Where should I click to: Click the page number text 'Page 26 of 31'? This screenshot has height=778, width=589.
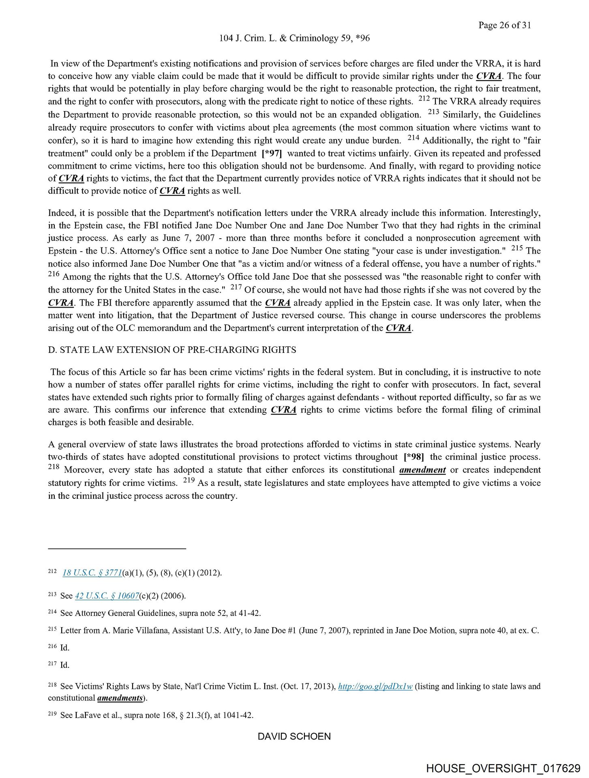(x=504, y=25)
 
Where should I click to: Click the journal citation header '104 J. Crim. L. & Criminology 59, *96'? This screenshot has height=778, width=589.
(x=294, y=38)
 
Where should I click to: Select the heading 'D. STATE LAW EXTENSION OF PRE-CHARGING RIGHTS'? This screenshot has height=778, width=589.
(x=172, y=350)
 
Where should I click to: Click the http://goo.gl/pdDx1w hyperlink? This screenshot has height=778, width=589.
(x=375, y=686)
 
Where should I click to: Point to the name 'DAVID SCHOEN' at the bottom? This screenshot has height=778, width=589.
(x=294, y=736)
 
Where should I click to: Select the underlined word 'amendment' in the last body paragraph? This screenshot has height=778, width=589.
(x=422, y=470)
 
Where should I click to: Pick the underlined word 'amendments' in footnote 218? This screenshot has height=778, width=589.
(x=120, y=698)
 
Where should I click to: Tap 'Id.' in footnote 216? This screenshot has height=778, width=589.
(x=65, y=648)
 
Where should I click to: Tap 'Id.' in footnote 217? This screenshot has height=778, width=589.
(x=65, y=665)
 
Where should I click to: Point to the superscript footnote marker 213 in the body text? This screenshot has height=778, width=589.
(x=433, y=113)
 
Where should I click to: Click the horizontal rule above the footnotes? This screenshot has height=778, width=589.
(x=117, y=549)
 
